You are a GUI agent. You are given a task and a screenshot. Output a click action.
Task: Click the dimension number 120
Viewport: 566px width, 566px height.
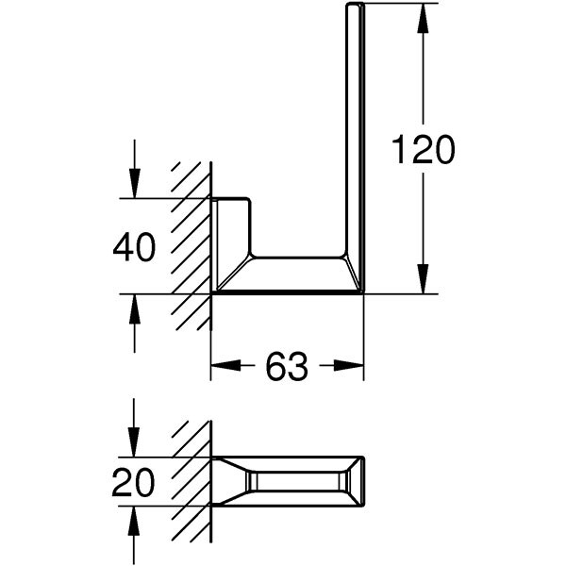[x=423, y=150]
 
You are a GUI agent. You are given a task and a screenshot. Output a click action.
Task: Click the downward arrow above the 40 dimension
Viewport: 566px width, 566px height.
[x=135, y=188]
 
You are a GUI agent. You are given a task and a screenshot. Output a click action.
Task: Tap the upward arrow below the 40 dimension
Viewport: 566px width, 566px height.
[x=135, y=305]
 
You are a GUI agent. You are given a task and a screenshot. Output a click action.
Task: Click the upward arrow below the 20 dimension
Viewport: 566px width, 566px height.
[x=135, y=518]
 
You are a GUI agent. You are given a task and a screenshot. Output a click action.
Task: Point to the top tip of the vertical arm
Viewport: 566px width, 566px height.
[x=355, y=7]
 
